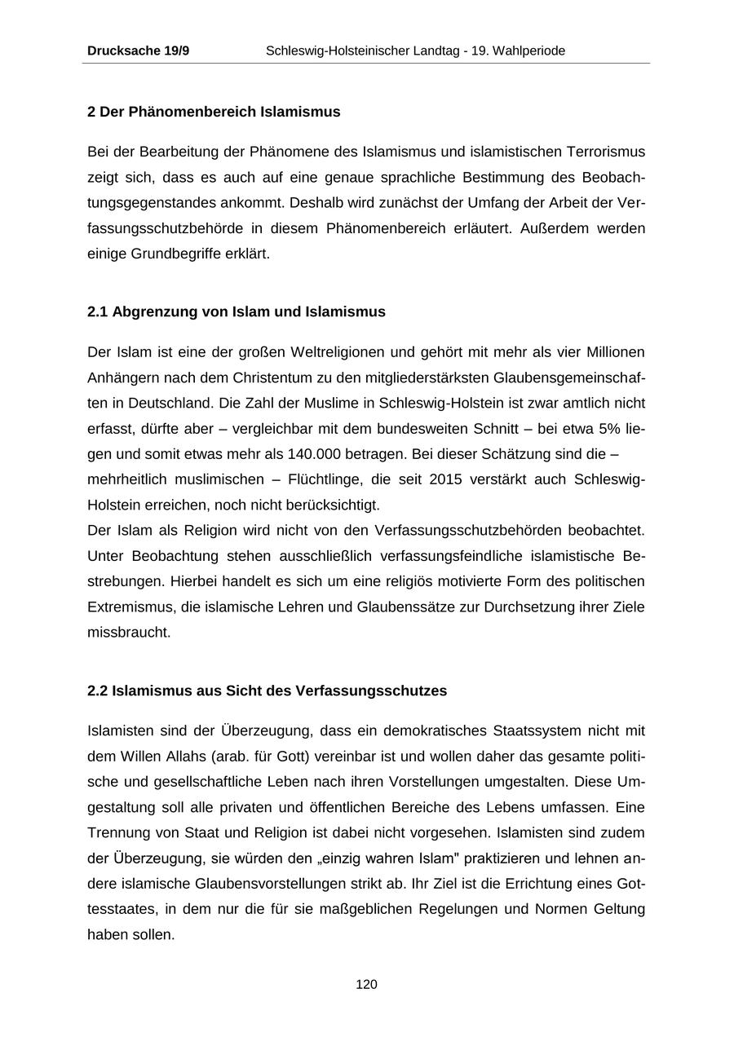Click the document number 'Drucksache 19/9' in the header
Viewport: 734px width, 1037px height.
138,51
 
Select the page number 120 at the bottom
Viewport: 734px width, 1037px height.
366,985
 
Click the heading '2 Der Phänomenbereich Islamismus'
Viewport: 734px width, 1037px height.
214,112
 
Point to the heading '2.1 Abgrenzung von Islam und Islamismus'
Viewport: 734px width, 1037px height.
237,311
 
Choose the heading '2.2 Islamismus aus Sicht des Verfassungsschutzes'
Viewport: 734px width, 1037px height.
267,691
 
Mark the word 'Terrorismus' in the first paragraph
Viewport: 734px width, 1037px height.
605,152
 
